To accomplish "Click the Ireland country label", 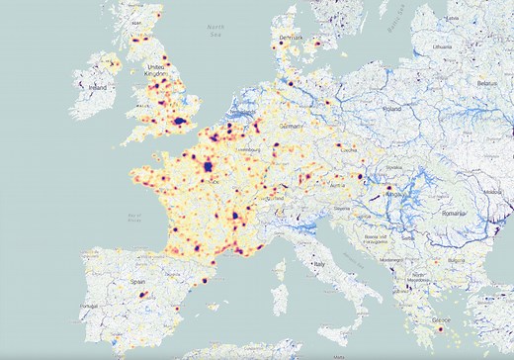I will [98, 87].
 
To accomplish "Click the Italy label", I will [319, 265].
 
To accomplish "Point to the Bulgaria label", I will [454, 260].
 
